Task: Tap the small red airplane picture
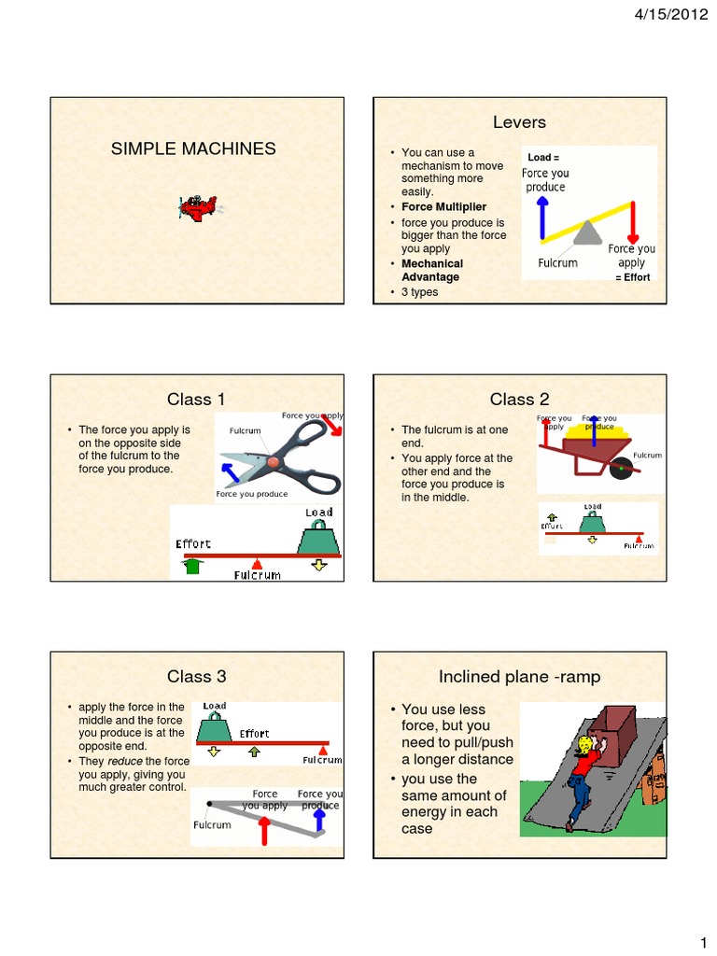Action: coord(197,208)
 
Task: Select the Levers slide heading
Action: coord(519,122)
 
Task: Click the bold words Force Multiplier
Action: coord(443,206)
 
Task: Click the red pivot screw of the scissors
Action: coord(273,461)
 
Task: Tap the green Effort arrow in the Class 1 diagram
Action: coord(193,564)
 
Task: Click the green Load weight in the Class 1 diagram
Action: coord(317,539)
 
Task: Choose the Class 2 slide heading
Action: coord(519,400)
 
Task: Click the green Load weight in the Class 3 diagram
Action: coord(214,729)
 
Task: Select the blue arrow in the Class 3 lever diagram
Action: coord(319,819)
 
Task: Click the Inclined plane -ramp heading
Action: coord(519,676)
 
